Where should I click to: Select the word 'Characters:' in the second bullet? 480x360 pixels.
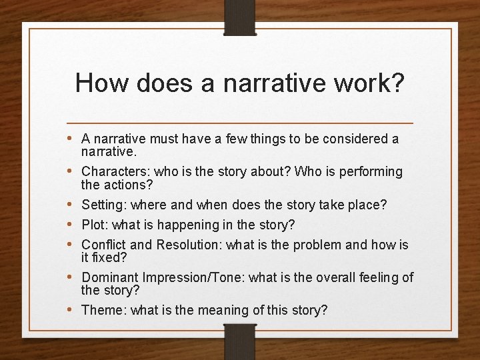tap(116, 172)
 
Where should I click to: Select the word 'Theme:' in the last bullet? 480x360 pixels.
tap(104, 310)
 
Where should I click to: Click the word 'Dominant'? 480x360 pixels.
tap(110, 277)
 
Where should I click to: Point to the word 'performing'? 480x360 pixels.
tap(371, 172)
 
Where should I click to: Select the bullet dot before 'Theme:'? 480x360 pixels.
tap(71, 309)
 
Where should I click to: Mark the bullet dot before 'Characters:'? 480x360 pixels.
tap(71, 171)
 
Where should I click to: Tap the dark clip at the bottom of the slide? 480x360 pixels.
tap(240, 341)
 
